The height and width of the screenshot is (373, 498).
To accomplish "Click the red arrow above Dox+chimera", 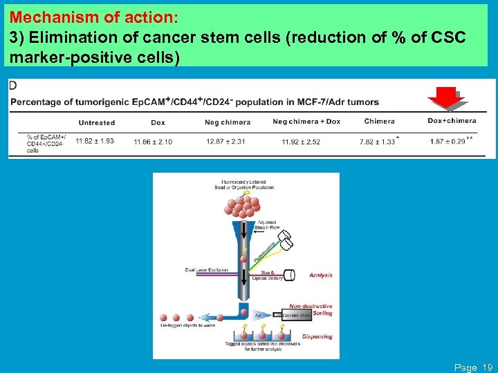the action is click(448, 99).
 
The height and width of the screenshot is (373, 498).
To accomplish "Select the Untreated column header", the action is click(96, 122).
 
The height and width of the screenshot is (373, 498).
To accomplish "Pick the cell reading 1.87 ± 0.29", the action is click(447, 142).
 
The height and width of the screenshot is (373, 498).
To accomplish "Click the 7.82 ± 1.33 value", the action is click(377, 142).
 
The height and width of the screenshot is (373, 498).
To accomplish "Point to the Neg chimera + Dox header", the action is click(306, 122).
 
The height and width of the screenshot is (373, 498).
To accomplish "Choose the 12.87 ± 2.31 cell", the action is click(225, 142).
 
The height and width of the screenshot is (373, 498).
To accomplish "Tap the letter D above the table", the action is click(13, 85).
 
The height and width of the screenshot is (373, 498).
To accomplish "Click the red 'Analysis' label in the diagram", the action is click(320, 275).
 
